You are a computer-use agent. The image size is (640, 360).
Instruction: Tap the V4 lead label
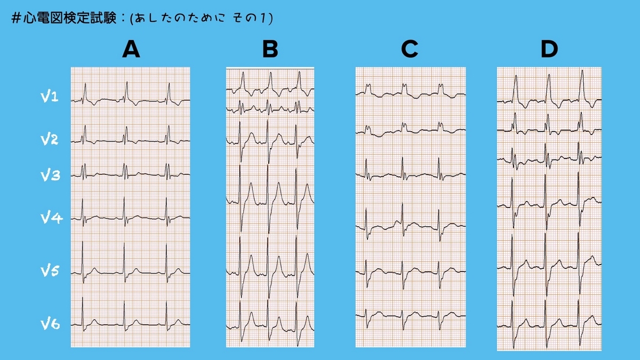point(52,218)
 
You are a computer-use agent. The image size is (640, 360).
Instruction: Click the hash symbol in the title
point(15,18)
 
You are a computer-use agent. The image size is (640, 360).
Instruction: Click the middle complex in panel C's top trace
point(404,86)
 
